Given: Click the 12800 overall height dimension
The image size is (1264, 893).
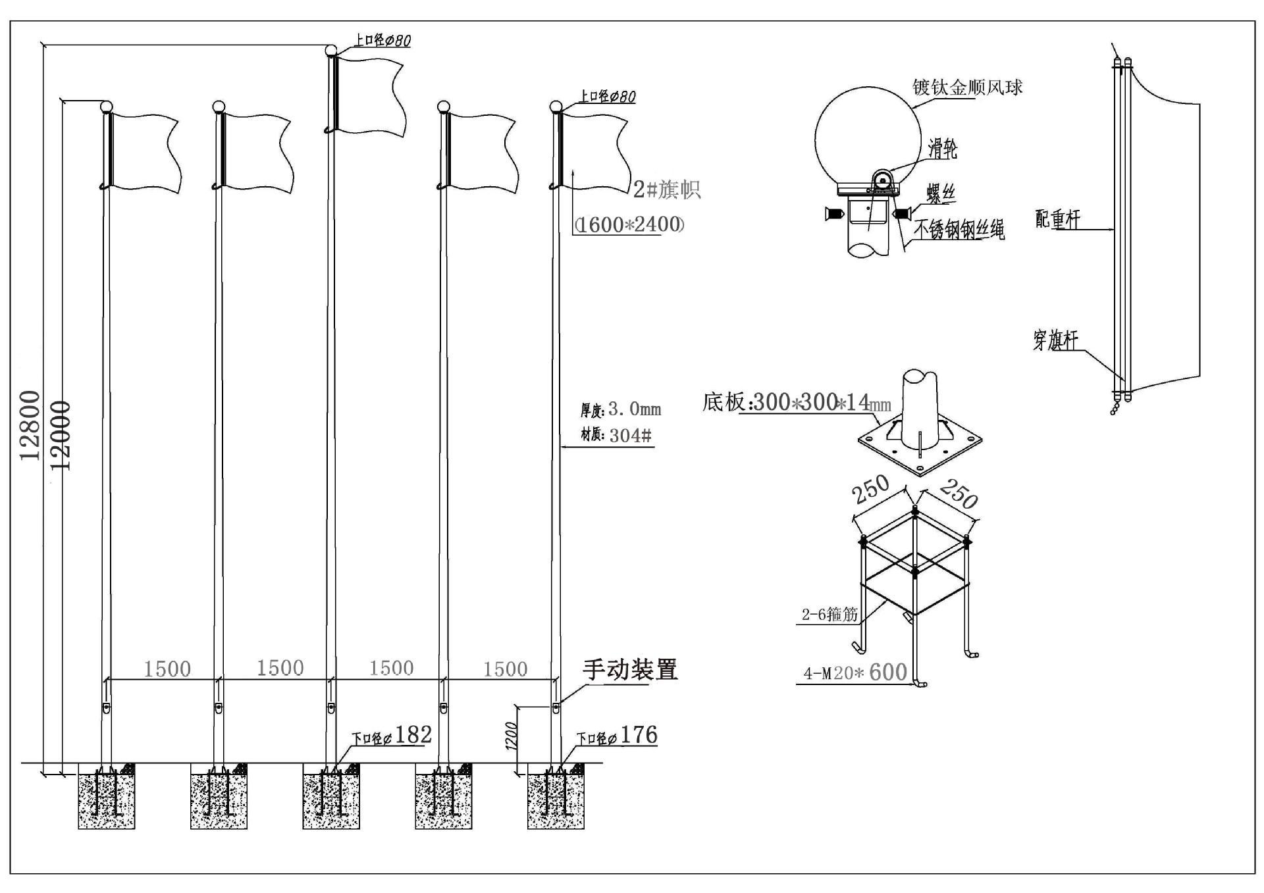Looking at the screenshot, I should [x=30, y=425].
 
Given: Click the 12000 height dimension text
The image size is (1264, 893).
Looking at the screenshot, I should [x=61, y=435].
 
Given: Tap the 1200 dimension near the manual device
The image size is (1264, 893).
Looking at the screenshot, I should [x=512, y=735].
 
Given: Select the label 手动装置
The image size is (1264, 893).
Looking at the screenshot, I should [x=629, y=670].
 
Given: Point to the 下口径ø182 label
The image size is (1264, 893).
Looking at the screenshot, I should [x=392, y=735].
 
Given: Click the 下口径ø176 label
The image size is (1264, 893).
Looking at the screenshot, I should [x=617, y=736].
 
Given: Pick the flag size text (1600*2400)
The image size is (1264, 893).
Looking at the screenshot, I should [x=629, y=224].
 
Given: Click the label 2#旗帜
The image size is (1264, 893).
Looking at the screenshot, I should [x=666, y=190].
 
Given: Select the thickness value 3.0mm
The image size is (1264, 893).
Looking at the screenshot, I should [x=634, y=409].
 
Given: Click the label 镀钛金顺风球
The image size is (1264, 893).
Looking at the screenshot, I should [x=966, y=87].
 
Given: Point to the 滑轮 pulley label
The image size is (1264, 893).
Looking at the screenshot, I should [x=942, y=149].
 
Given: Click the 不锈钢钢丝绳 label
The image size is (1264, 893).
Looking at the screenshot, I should [x=959, y=229].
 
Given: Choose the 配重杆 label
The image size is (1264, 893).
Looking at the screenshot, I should [x=1057, y=219].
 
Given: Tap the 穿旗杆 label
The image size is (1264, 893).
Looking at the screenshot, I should [x=1055, y=340].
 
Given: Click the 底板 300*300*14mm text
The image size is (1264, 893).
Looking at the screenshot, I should [x=796, y=401].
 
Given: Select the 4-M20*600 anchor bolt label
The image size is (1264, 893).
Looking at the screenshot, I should [x=855, y=673].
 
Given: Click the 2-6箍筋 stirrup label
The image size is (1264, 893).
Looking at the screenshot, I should [x=829, y=615].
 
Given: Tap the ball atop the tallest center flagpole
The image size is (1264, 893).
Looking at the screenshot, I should [x=331, y=50].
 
